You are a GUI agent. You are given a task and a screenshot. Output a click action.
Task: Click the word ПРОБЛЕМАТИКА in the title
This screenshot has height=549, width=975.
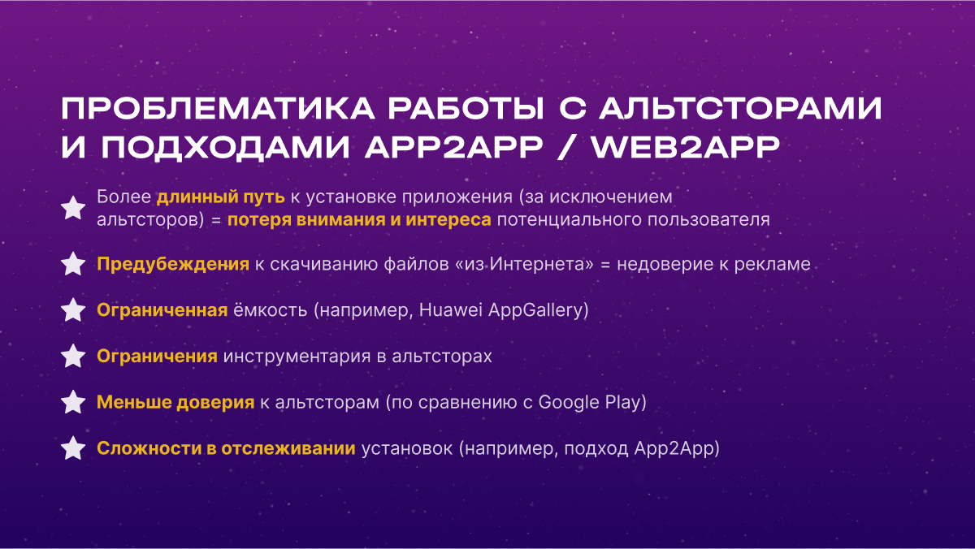[218, 108]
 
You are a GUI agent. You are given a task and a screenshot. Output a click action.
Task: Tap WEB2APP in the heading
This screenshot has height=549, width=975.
[685, 148]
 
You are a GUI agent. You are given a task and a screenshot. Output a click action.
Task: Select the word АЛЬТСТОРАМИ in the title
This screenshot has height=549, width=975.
[741, 108]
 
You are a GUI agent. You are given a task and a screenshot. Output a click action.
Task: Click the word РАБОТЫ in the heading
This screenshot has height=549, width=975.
[466, 108]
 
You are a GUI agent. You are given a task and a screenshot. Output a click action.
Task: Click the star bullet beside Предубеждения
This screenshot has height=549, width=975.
[73, 264]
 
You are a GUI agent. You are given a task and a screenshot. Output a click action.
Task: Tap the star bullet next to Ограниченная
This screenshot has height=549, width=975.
[73, 309]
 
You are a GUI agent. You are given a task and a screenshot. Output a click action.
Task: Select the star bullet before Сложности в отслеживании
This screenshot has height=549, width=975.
[73, 448]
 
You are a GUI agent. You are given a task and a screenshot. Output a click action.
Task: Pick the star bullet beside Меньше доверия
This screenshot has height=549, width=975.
[73, 402]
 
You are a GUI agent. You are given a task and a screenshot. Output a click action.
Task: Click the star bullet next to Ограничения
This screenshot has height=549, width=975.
[73, 356]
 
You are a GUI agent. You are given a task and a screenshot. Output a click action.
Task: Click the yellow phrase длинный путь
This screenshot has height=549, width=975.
[221, 197]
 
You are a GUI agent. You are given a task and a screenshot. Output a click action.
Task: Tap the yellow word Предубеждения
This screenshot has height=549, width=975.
[173, 265]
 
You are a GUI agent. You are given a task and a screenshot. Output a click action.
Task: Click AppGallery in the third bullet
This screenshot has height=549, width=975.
[535, 311]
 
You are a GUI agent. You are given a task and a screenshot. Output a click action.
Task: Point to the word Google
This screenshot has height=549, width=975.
[569, 403]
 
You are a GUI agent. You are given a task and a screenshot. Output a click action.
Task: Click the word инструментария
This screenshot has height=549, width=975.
[297, 357]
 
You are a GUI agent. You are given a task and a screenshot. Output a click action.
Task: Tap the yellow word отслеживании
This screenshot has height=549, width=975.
[288, 448]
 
